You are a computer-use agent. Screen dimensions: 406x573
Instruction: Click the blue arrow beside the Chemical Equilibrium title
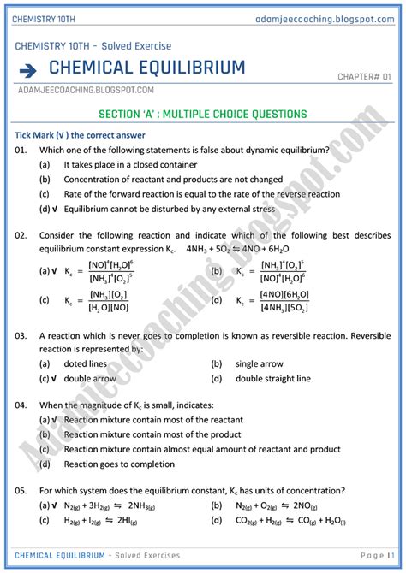[29, 68]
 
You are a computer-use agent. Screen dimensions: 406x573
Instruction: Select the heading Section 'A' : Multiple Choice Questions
[203, 114]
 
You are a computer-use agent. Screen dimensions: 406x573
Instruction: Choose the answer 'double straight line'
[272, 378]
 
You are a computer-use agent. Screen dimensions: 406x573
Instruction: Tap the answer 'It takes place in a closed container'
[130, 164]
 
